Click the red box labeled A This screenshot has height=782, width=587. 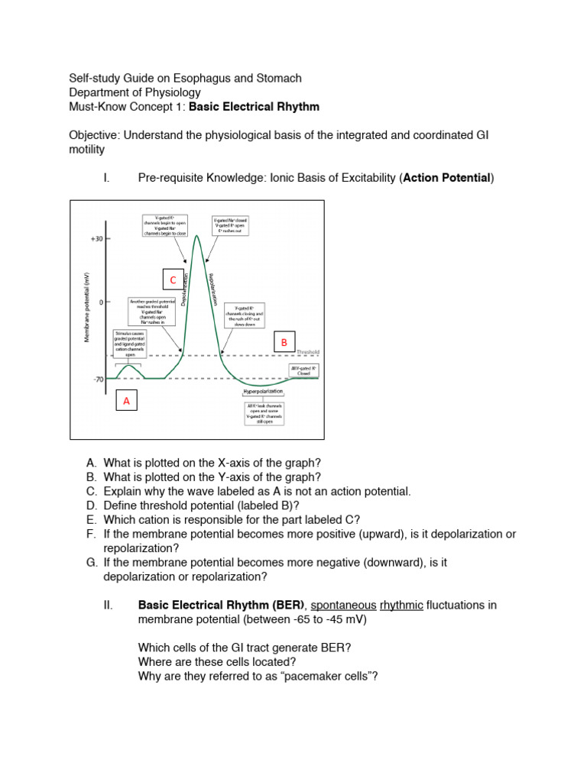[x=128, y=401]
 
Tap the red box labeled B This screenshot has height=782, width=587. [x=284, y=343]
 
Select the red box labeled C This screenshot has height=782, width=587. [x=174, y=280]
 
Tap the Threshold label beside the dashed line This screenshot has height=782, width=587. [x=307, y=352]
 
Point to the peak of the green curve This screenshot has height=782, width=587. [x=198, y=236]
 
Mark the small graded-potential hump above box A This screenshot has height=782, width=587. [x=131, y=367]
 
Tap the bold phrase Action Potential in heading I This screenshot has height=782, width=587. [x=446, y=178]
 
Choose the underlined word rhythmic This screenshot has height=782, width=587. [x=401, y=605]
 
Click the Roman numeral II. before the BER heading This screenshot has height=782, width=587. [x=108, y=605]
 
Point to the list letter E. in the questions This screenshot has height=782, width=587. [x=92, y=519]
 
